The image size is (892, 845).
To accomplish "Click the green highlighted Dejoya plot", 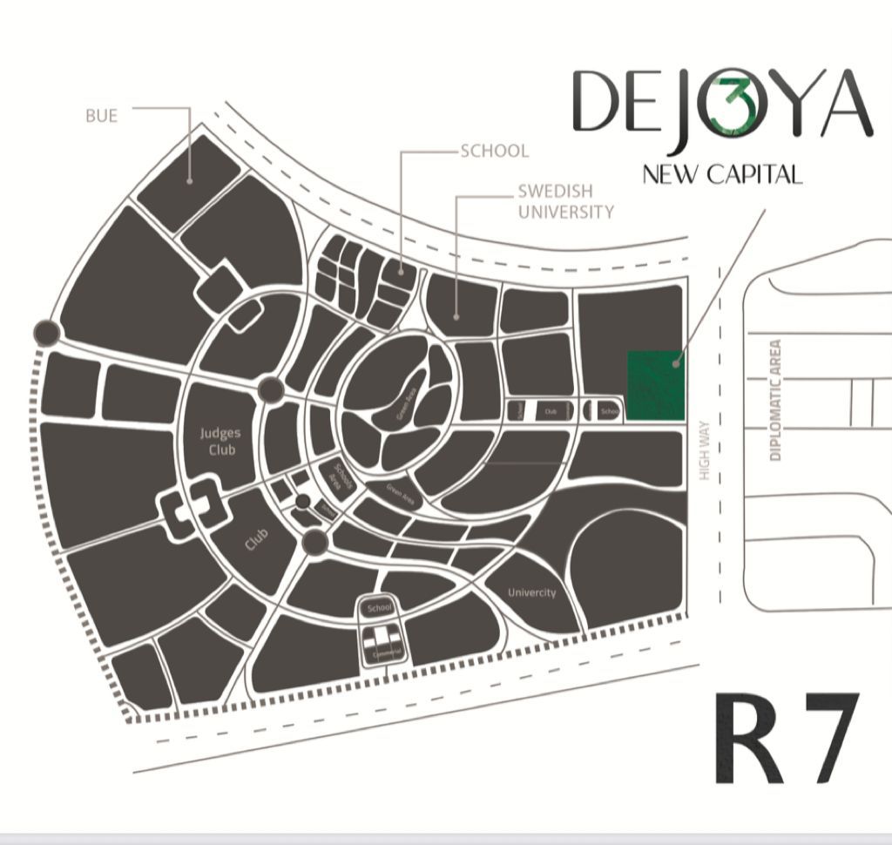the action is pos(656,386).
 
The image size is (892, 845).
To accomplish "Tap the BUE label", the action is pos(101,115).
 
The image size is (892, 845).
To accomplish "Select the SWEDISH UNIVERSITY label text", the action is pos(565,201).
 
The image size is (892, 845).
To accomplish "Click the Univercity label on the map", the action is pos(531,593).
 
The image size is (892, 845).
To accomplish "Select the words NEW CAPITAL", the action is pos(721,174).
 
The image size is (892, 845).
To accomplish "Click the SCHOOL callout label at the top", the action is pos(494,151).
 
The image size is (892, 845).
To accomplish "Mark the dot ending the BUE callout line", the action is pos(190,182).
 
